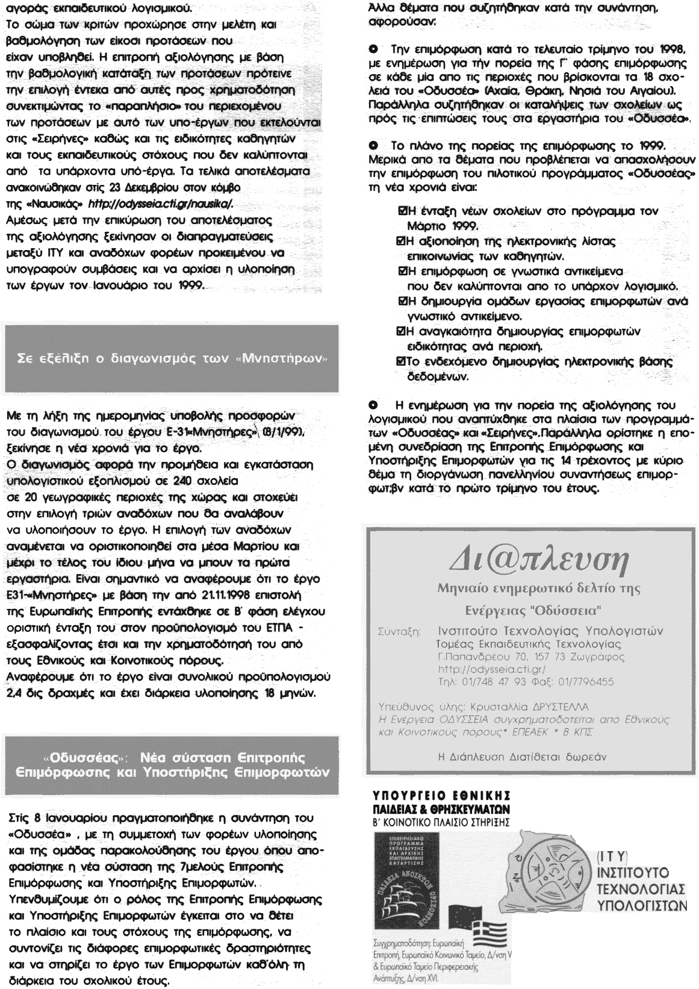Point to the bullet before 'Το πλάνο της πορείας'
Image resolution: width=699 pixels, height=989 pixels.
coord(374,147)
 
